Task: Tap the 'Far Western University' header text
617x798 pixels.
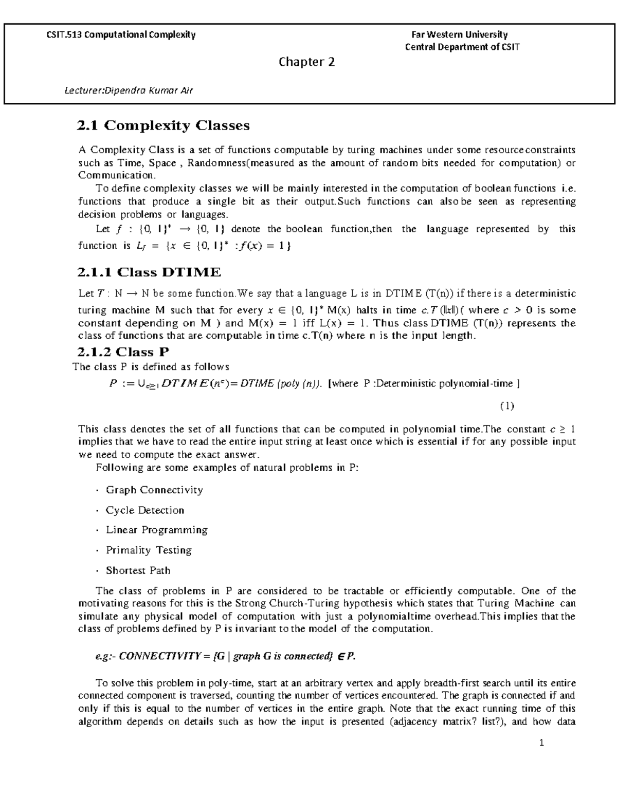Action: point(459,35)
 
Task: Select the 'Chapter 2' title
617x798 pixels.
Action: point(306,62)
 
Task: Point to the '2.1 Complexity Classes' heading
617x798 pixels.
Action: point(163,125)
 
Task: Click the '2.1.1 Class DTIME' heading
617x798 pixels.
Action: point(149,272)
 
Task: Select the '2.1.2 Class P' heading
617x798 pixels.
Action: point(123,352)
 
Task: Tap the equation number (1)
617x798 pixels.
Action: point(506,406)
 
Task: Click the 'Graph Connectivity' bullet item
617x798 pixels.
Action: point(154,490)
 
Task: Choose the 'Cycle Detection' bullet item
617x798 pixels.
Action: point(144,510)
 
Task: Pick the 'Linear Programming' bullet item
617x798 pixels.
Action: point(156,530)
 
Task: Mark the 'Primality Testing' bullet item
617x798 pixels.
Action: point(149,550)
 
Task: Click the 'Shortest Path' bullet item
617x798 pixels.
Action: point(138,570)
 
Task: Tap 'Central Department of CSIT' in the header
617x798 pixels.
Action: point(462,47)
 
